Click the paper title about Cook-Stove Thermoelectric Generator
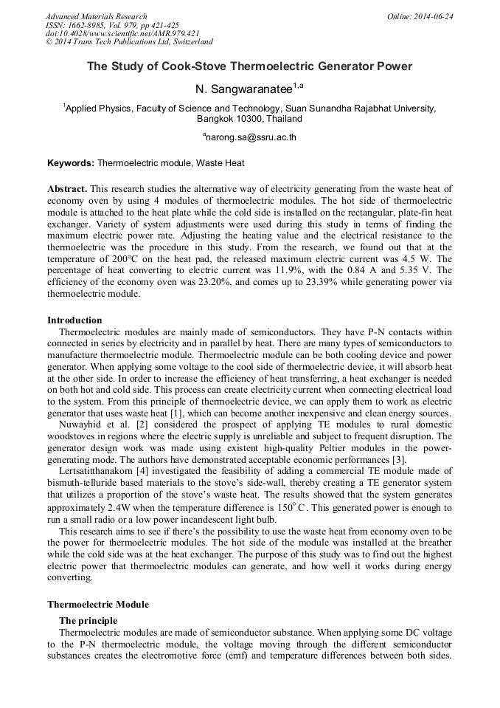[249, 66]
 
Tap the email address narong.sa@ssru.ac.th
[249, 137]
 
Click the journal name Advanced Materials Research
[97, 16]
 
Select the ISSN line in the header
[112, 25]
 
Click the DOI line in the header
[122, 33]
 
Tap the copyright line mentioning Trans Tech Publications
[129, 42]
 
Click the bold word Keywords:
[71, 162]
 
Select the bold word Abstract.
[67, 189]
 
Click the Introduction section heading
[74, 320]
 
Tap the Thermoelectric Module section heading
[98, 605]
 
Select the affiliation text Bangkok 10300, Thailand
[249, 118]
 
